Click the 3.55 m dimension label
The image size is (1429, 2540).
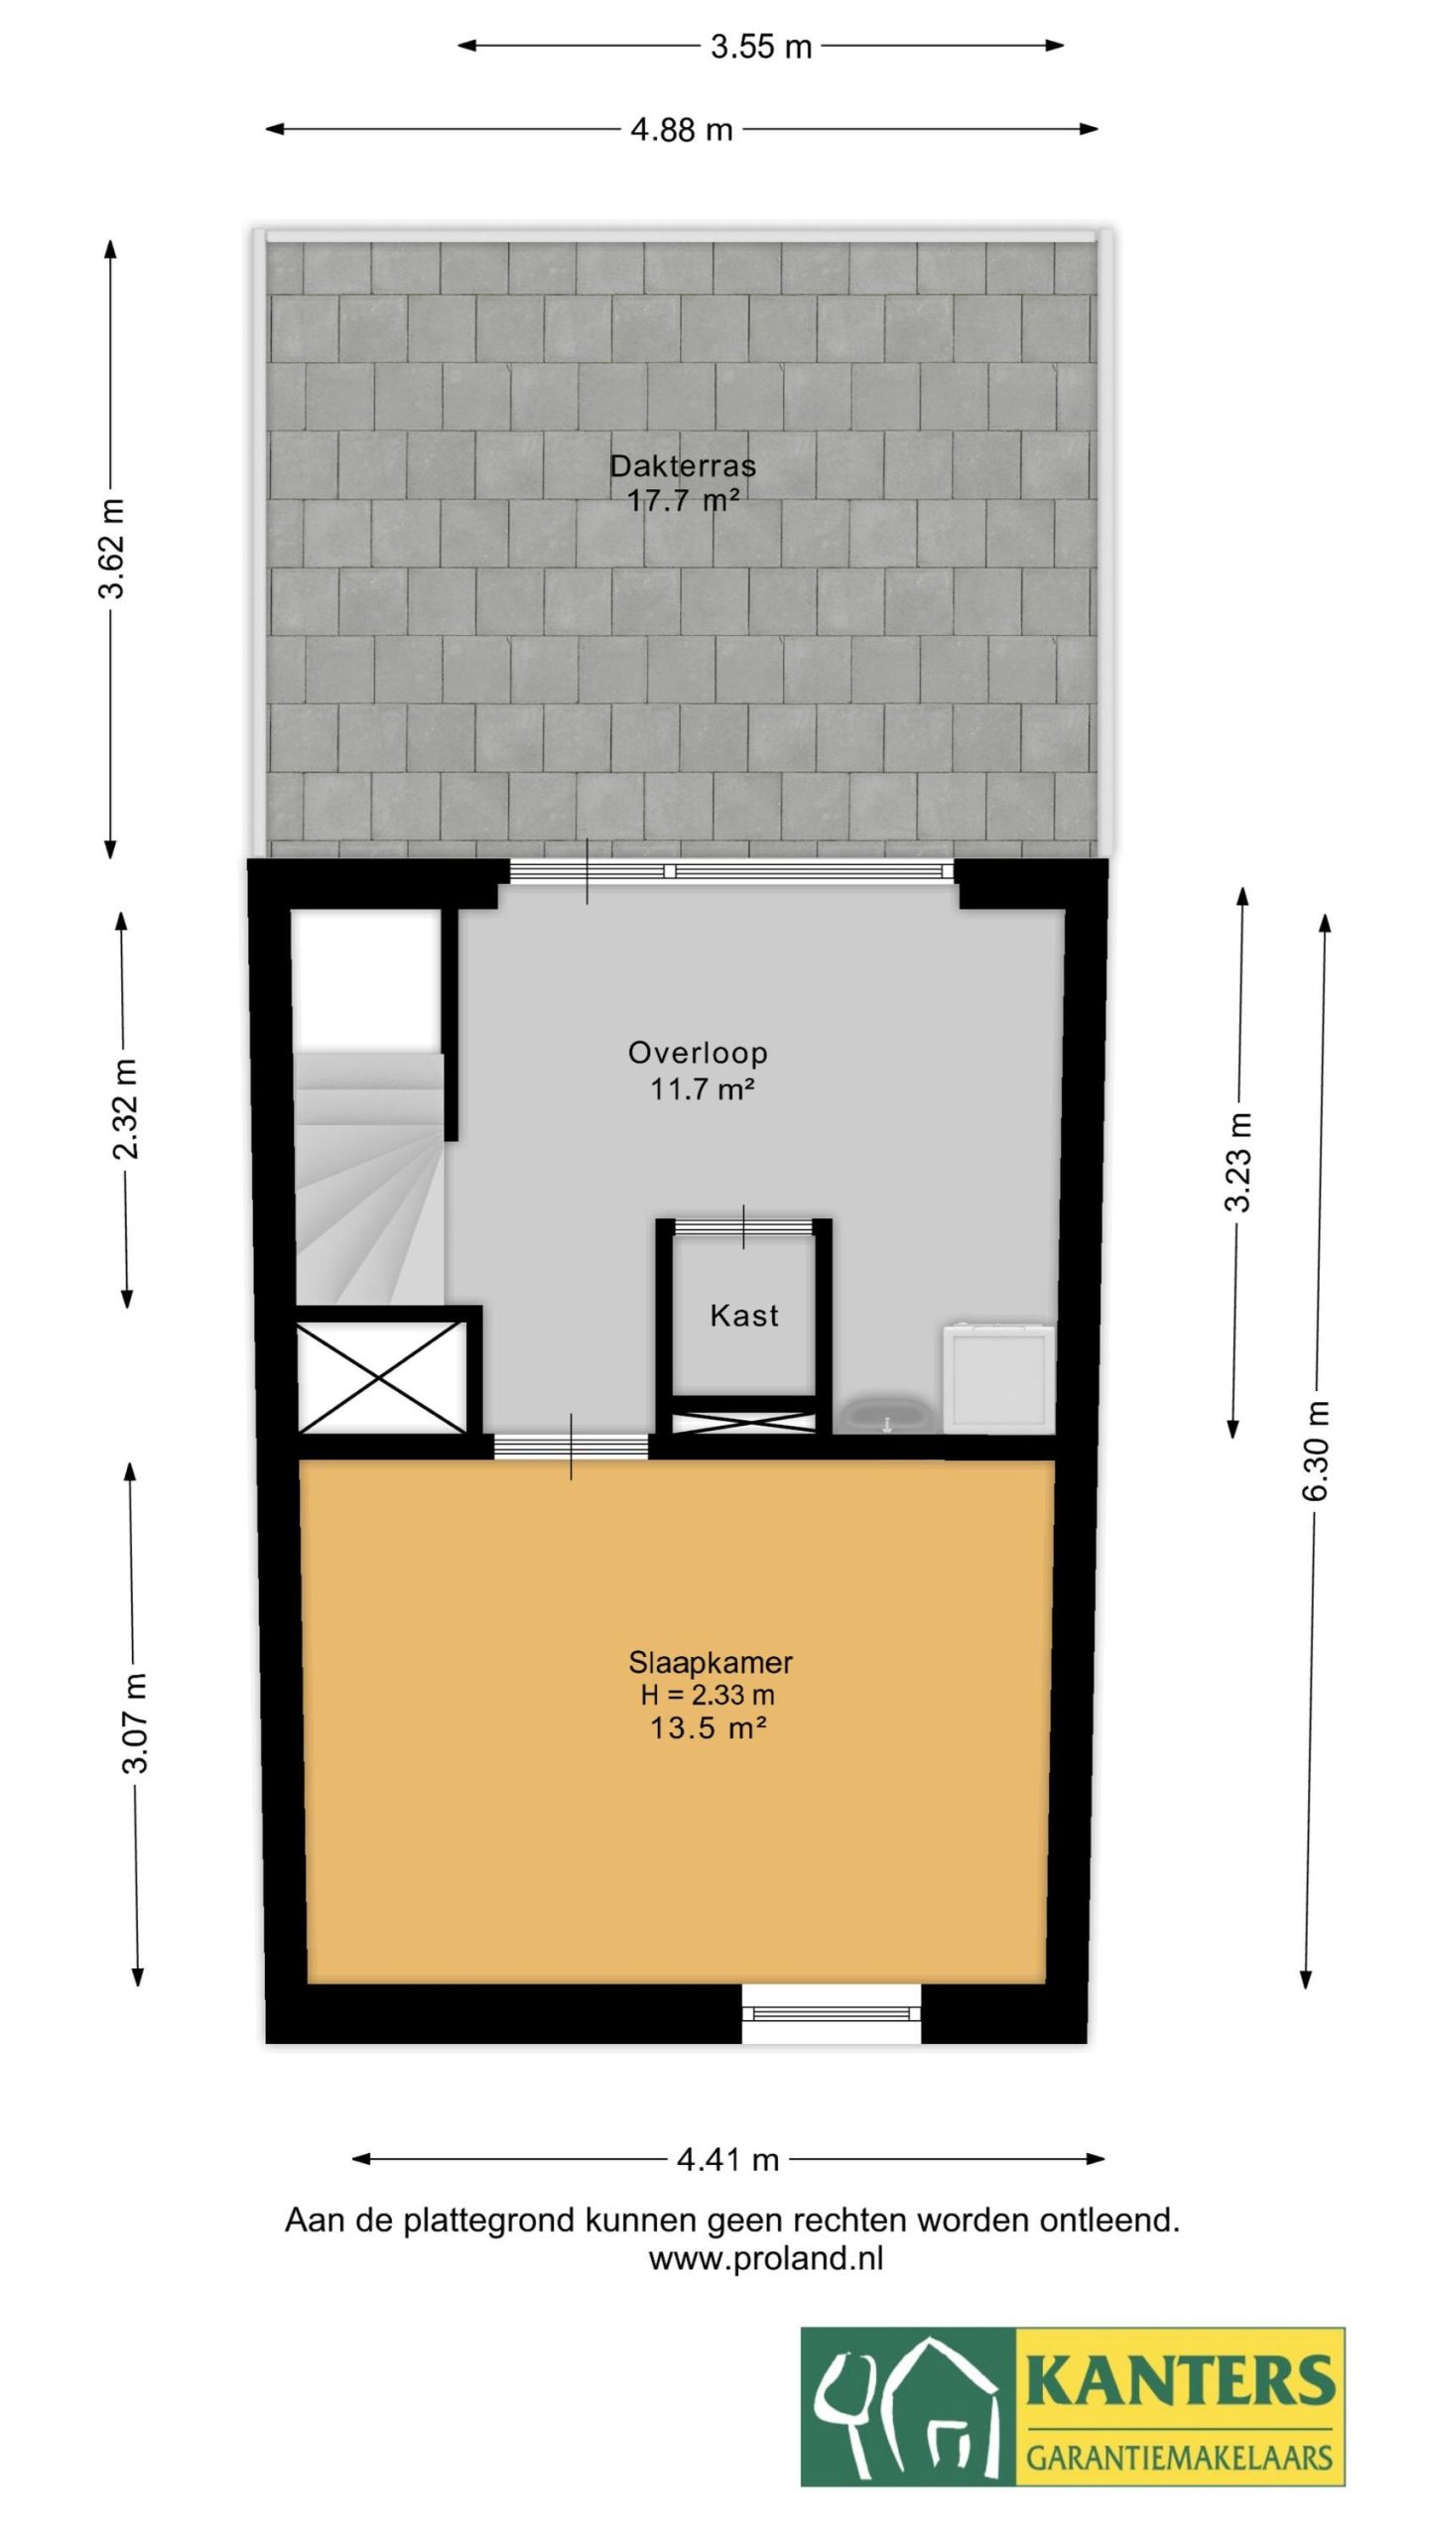click(761, 47)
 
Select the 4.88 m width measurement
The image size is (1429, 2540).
click(682, 130)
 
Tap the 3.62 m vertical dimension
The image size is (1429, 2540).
click(112, 548)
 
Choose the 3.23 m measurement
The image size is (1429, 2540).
click(1237, 1162)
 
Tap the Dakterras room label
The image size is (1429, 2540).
click(683, 465)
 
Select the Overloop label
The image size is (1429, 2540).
click(698, 1052)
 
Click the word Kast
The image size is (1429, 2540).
click(744, 1316)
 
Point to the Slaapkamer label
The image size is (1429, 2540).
click(711, 1662)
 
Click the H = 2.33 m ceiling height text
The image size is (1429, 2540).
click(708, 1695)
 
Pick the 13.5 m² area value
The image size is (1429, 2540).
click(708, 1728)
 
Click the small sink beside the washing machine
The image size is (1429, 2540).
click(886, 1414)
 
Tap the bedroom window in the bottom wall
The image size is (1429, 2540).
click(832, 2012)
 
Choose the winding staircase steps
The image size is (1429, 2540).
click(368, 1180)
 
